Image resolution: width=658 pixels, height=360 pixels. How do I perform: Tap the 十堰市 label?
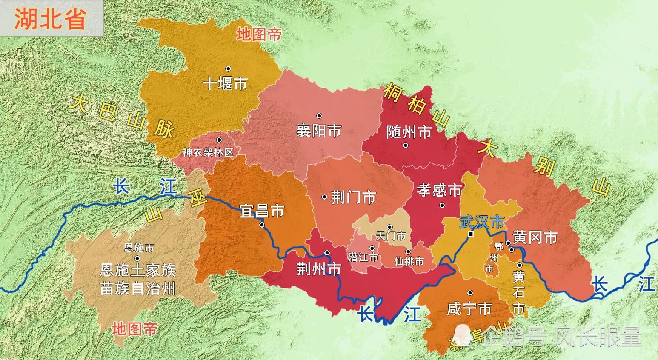coord(225,83)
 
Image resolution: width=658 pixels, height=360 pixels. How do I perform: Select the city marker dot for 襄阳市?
coord(319,116)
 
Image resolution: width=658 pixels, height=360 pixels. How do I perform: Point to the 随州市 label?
coord(409,132)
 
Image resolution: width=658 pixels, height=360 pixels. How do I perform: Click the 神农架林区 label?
coord(208,152)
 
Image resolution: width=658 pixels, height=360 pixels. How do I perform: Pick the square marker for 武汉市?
coord(471,234)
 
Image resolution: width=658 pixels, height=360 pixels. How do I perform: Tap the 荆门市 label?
coord(353,197)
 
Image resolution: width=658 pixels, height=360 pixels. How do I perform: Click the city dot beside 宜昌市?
coord(262,225)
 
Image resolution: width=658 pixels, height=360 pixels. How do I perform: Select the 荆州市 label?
coord(319,269)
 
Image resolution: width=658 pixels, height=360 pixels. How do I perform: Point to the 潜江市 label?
coord(363,258)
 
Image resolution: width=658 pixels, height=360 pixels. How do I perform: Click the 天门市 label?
coord(391,236)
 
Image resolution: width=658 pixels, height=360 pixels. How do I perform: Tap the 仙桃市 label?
coord(409,261)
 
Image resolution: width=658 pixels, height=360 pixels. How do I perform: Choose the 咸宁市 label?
coord(469,309)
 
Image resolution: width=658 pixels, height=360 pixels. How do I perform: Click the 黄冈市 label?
coord(535,238)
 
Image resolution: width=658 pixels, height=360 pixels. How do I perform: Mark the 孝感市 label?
coord(439,190)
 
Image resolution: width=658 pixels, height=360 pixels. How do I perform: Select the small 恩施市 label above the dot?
coord(139,248)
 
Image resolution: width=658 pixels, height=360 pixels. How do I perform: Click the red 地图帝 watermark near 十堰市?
coord(259,35)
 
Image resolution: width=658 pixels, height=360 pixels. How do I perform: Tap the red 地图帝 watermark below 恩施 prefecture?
coord(135,329)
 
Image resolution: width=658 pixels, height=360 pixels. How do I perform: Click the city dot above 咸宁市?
coord(470,293)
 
